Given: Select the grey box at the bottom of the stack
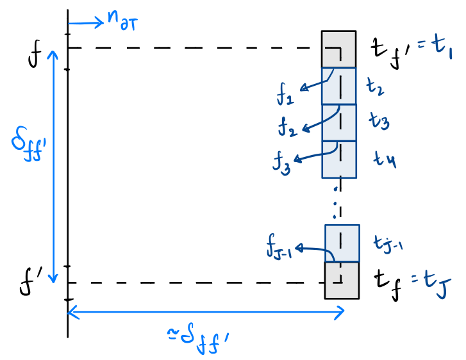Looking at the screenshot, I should [x=342, y=281].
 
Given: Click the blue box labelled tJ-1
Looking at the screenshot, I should [x=342, y=243].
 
